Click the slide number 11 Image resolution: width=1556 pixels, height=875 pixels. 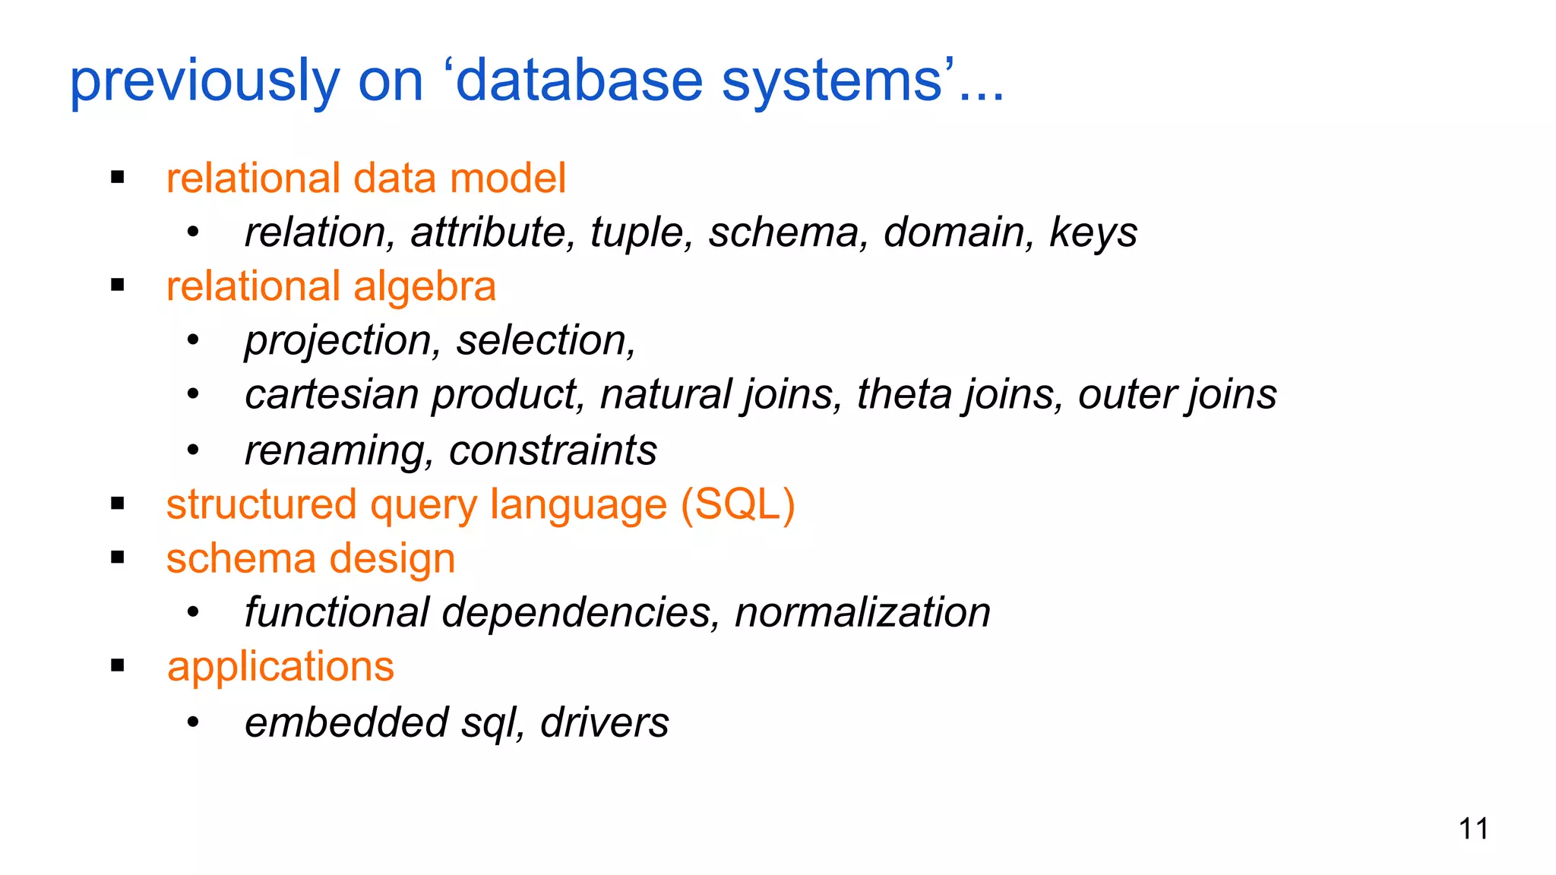click(1473, 829)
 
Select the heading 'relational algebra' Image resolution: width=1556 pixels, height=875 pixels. click(330, 287)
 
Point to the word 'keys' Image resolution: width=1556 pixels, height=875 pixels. click(1093, 233)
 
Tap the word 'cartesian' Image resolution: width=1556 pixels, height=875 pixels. click(332, 395)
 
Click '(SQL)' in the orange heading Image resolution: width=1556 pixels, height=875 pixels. click(737, 505)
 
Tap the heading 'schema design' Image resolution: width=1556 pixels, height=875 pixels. click(310, 559)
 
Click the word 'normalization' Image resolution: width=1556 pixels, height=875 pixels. click(862, 613)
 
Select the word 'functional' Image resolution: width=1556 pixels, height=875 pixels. click(337, 613)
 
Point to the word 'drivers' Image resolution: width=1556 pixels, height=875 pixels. click(604, 722)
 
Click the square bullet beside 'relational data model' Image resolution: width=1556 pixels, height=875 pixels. click(117, 178)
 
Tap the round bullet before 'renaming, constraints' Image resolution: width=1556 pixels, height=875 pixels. click(193, 451)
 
